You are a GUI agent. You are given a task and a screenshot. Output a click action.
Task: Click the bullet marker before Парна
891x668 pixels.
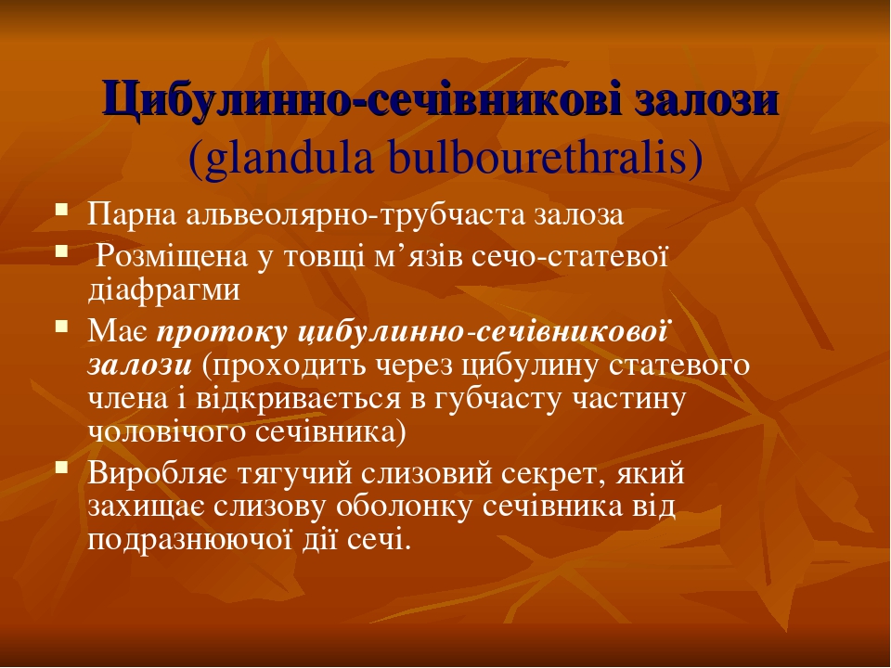point(61,210)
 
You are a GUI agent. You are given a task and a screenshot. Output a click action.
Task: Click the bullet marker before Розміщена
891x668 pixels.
point(61,250)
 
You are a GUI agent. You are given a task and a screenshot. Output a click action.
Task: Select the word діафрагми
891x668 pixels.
point(163,289)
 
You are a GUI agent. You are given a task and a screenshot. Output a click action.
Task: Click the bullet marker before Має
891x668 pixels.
point(61,328)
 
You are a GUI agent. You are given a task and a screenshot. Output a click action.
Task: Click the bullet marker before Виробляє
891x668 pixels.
point(61,468)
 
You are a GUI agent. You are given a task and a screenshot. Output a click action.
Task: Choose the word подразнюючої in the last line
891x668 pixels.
point(185,540)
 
